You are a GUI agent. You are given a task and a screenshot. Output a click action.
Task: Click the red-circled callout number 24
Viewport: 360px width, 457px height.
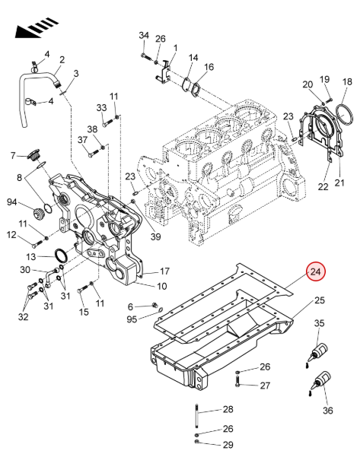coord(315,272)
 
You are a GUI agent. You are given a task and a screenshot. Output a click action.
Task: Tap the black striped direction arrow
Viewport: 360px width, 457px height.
coord(36,27)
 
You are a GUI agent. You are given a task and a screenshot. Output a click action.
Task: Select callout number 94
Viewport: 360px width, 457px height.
coord(11,202)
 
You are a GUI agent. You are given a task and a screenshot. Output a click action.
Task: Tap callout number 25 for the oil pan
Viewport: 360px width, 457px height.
coord(320,300)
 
